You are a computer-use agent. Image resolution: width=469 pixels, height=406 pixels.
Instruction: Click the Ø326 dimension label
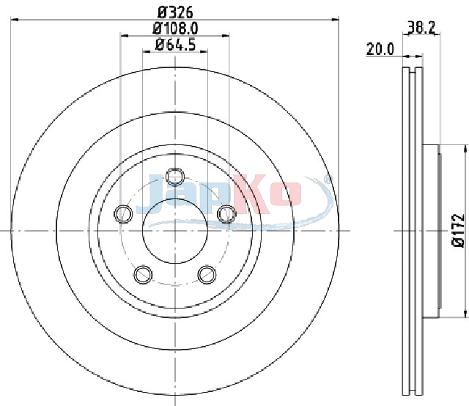click(175, 12)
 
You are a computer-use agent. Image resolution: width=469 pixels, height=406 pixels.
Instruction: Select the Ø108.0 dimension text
click(175, 29)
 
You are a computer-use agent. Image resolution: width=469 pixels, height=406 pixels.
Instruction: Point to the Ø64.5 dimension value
click(175, 45)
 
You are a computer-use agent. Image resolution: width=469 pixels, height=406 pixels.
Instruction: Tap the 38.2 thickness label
click(421, 28)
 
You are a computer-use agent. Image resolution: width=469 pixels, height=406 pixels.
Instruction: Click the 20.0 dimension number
click(380, 49)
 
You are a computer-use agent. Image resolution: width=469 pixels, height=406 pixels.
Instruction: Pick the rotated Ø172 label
click(458, 230)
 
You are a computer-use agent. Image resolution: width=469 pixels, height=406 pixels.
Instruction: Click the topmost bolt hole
click(175, 176)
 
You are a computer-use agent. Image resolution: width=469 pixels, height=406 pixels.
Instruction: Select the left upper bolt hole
click(123, 214)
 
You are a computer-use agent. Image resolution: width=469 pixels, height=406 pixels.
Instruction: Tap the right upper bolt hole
click(226, 214)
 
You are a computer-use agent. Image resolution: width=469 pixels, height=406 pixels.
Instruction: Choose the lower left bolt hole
click(143, 274)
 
